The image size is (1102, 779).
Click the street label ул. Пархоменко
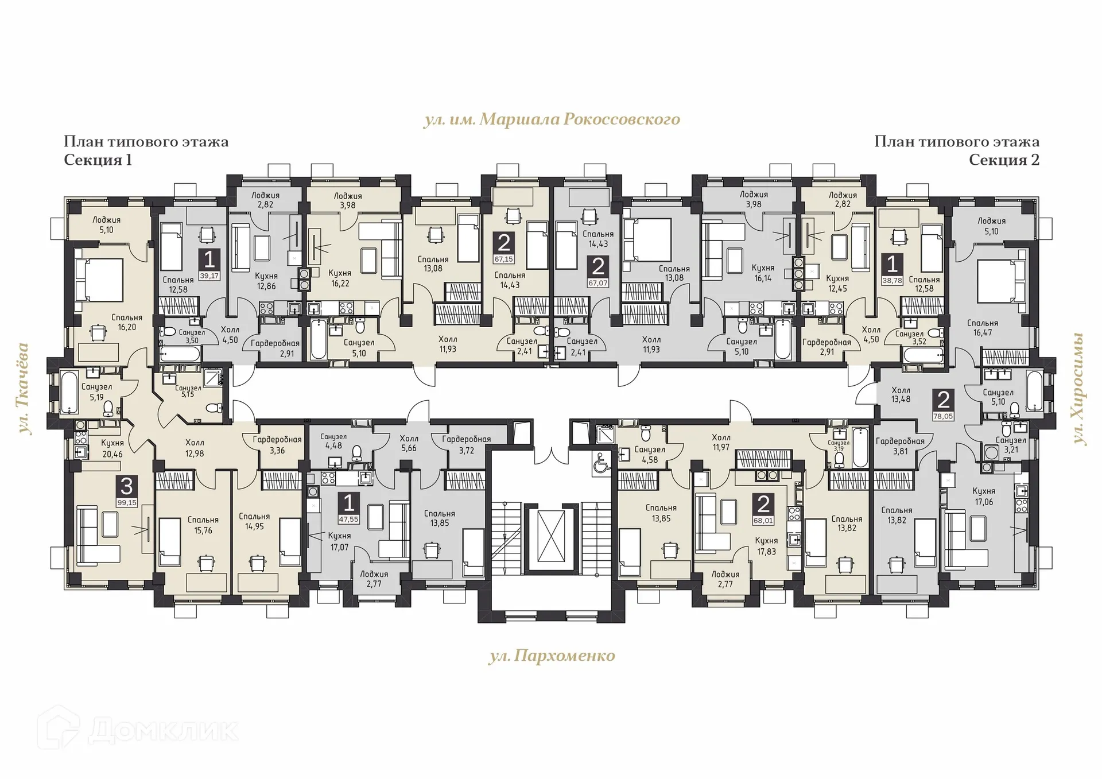tap(552, 656)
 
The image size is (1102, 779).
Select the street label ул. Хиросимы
tap(1080, 389)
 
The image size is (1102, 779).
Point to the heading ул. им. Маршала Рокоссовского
tap(552, 119)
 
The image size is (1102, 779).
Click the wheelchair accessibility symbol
tap(602, 463)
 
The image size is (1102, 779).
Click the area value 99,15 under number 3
tap(127, 502)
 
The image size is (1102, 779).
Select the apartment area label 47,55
tap(348, 519)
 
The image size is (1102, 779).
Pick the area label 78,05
tap(943, 416)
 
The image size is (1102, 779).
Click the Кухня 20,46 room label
tap(112, 448)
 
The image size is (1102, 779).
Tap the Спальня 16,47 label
tap(982, 328)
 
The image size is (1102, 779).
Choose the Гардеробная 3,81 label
tap(900, 446)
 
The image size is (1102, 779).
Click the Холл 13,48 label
tap(901, 394)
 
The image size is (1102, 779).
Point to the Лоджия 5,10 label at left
tap(106, 224)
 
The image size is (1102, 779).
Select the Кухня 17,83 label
tap(766, 545)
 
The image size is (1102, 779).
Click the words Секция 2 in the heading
tap(1004, 160)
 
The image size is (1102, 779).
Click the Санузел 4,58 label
tap(649, 454)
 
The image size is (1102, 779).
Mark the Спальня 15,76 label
tap(203, 525)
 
